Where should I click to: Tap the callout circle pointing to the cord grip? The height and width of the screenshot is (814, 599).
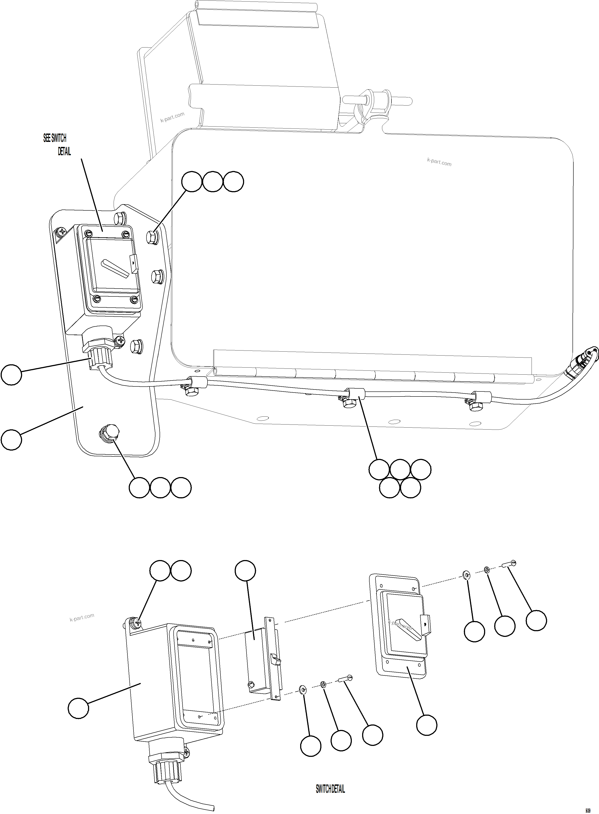pos(11,375)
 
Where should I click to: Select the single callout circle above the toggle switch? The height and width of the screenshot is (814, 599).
pos(245,571)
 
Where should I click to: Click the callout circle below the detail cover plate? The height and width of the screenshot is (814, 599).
pos(426,725)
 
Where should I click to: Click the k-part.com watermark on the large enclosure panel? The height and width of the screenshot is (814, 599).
pos(439,162)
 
